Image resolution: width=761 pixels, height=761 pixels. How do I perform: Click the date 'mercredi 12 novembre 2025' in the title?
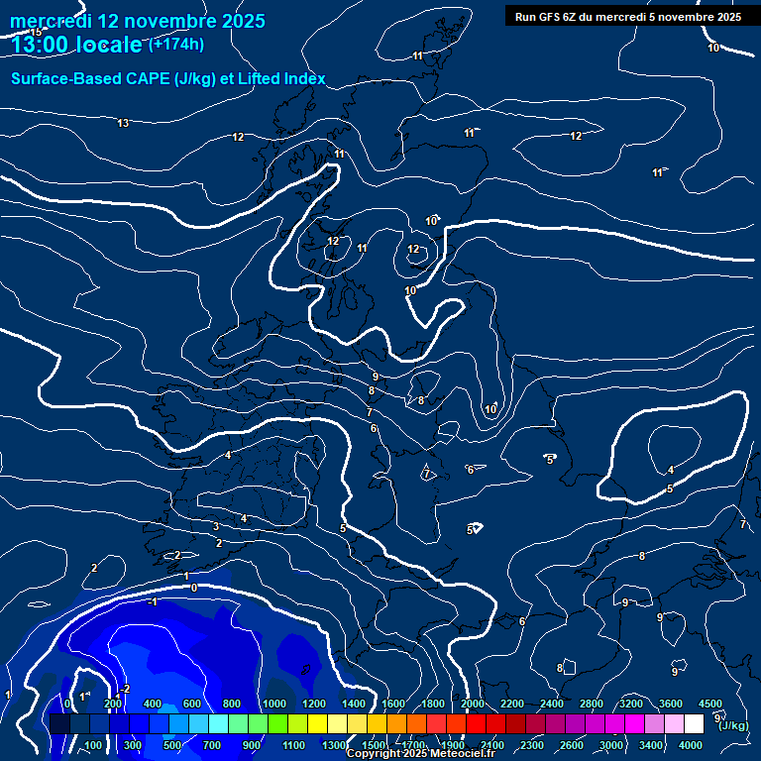tap(137, 20)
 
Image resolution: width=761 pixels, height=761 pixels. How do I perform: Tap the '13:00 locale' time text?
tap(76, 45)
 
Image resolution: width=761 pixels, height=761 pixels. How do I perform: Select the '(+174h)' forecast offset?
tap(176, 44)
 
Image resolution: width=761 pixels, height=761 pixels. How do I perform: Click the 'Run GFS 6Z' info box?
tap(628, 17)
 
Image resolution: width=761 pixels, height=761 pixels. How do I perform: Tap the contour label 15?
tap(37, 33)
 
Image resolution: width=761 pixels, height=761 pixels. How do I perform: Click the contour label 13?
tap(123, 123)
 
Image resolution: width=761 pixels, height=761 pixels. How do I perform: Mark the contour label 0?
tap(194, 588)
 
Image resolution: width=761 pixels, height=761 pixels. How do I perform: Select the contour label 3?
tap(216, 526)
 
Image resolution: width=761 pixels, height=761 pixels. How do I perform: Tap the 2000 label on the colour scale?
tap(473, 704)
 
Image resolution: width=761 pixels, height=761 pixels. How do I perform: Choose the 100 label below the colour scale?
tap(93, 745)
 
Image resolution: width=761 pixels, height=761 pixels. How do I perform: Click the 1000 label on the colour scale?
tap(274, 704)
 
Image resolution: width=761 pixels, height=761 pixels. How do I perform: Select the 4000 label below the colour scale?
tap(691, 745)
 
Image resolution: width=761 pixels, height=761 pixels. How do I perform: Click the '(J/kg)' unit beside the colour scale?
tap(734, 726)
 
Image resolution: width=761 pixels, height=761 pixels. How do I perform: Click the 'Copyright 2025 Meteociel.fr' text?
tap(421, 754)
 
